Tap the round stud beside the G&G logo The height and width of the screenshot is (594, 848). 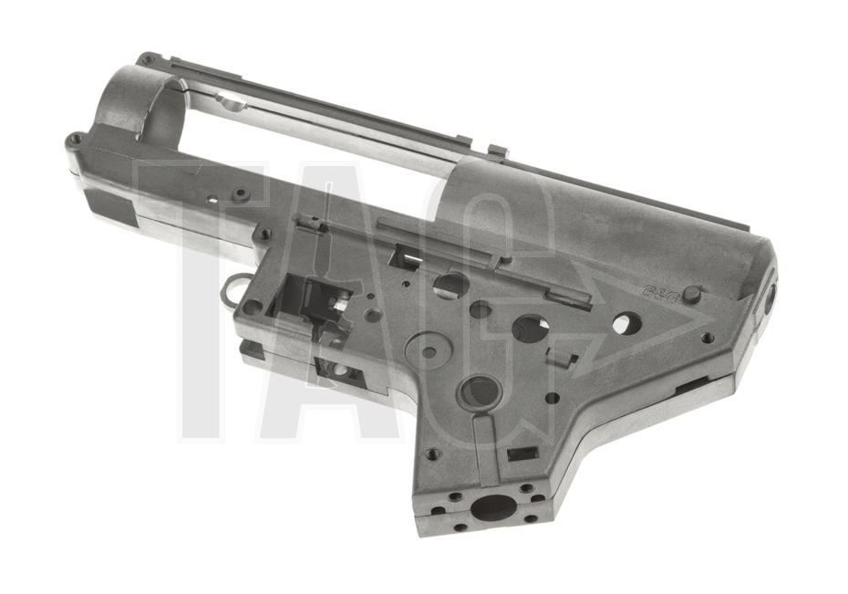[692, 294]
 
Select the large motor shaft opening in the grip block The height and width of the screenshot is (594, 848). [492, 505]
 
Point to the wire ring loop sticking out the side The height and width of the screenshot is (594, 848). [231, 286]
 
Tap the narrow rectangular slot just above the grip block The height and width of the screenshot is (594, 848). [521, 453]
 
